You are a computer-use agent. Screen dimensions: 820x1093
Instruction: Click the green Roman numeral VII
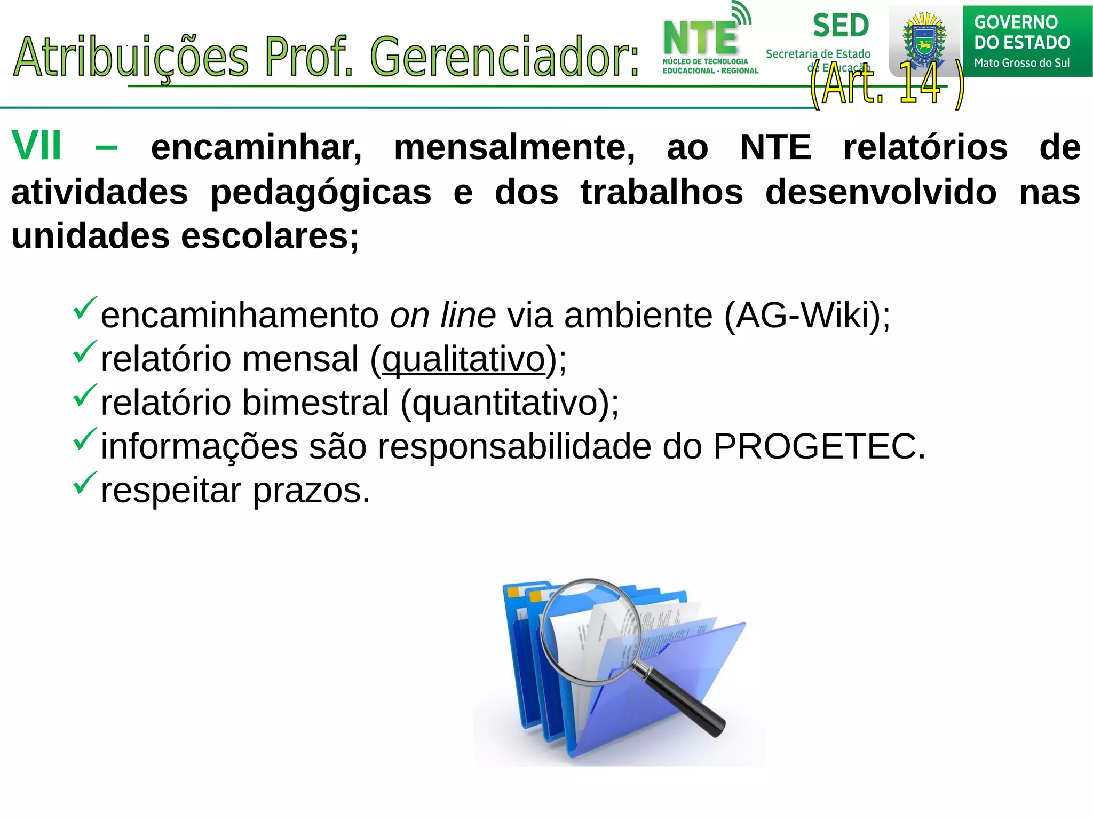[x=36, y=146]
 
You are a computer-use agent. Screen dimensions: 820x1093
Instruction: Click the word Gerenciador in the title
[x=504, y=57]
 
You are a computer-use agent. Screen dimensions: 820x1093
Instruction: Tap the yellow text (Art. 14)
[x=886, y=84]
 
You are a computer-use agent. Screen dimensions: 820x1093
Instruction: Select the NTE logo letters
[x=700, y=38]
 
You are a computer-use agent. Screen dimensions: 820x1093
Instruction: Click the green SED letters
[x=841, y=26]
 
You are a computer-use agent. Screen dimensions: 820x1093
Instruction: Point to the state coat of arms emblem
[x=924, y=41]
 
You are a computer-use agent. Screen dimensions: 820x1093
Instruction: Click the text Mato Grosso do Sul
[x=1021, y=63]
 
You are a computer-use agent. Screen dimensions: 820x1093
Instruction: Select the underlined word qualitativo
[x=463, y=359]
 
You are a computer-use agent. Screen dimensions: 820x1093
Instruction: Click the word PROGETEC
[x=819, y=446]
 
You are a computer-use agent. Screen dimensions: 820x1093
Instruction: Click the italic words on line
[x=442, y=316]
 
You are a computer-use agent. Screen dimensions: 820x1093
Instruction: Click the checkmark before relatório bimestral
[x=85, y=395]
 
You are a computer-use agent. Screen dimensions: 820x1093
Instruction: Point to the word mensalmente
[x=514, y=147]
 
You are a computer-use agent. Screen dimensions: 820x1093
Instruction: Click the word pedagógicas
[x=321, y=192]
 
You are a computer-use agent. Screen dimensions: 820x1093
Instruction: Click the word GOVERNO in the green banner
[x=1016, y=22]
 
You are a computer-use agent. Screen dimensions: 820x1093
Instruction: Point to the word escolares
[x=270, y=236]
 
